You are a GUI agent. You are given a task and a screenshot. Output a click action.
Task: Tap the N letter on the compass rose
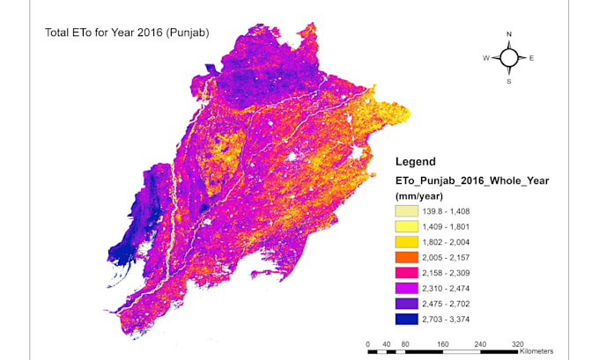(508, 35)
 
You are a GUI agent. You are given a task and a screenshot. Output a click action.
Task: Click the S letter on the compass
(508, 81)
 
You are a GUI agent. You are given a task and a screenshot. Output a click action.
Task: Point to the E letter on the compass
(531, 58)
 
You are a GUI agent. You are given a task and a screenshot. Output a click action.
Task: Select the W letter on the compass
(485, 58)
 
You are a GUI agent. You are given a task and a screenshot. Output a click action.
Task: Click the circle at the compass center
(508, 58)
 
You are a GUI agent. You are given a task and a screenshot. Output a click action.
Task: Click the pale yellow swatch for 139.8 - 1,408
(406, 211)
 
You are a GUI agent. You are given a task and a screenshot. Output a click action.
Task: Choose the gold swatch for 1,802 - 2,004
(406, 244)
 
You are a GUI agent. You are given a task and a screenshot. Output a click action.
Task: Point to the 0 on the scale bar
(367, 343)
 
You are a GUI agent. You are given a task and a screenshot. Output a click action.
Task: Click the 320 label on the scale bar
(518, 343)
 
